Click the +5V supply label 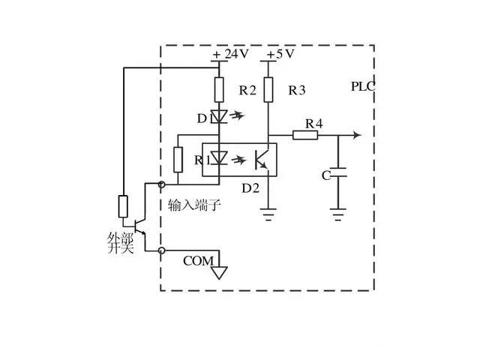point(279,55)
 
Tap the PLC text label point(363,86)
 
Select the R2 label point(248,91)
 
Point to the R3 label point(296,91)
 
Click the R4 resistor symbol point(305,135)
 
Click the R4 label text point(313,122)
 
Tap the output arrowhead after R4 point(358,135)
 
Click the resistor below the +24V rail point(218,90)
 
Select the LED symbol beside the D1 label point(218,117)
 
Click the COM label point(197,261)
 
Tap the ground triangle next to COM point(218,271)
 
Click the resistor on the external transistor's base point(123,205)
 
